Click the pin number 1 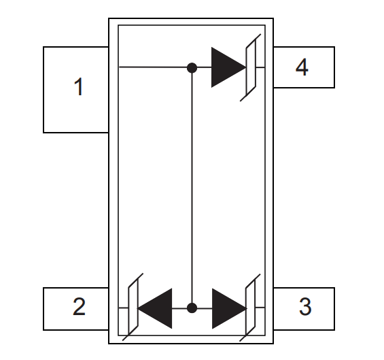point(79,87)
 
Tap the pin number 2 point(79,306)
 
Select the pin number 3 point(305,306)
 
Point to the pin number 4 point(302,67)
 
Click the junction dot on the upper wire point(192,67)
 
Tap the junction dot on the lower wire point(192,308)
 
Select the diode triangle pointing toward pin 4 point(228,67)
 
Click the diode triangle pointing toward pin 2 point(155,308)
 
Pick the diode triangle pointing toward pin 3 point(229,308)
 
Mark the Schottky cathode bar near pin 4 point(251,67)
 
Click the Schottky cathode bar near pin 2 point(133,307)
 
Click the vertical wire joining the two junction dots point(192,188)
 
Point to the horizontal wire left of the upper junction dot point(153,67)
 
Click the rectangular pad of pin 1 point(76,90)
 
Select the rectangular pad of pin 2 point(76,309)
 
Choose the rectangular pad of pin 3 point(304,309)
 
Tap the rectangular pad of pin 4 point(304,67)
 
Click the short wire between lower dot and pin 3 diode point(205,308)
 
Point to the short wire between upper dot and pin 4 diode point(205,67)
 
